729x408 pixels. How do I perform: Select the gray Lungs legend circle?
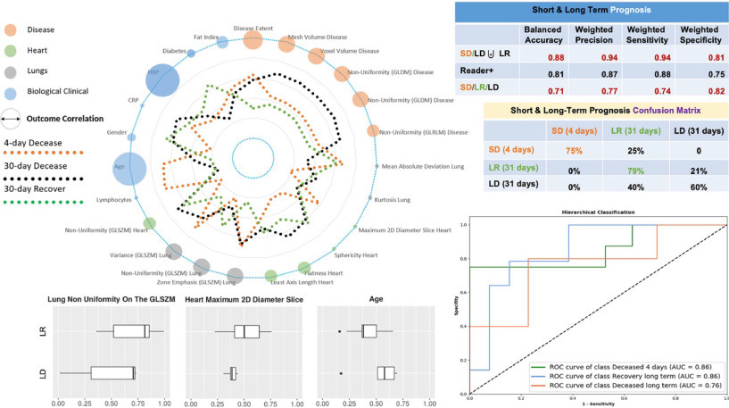pyautogui.click(x=12, y=69)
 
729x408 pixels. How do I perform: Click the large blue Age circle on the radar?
pyautogui.click(x=130, y=167)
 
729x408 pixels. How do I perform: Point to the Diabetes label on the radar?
pyautogui.click(x=175, y=51)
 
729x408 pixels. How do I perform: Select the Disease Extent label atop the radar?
pyautogui.click(x=253, y=28)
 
